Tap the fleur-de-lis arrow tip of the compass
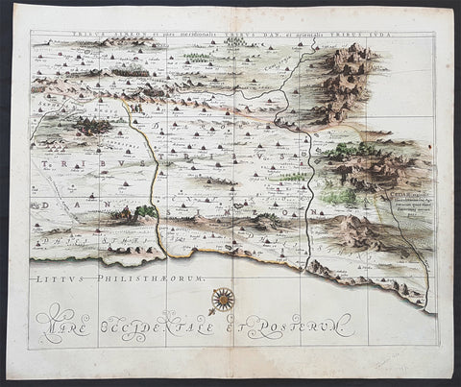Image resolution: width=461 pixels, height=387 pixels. tap(208, 311)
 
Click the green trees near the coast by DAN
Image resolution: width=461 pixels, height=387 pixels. tap(145, 211)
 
